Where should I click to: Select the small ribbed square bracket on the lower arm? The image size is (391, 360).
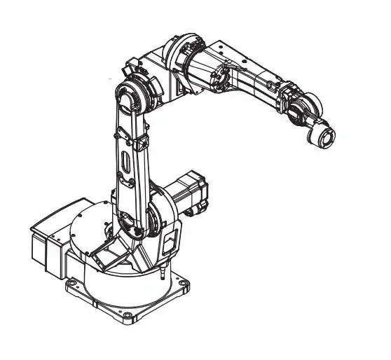(x=141, y=144)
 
